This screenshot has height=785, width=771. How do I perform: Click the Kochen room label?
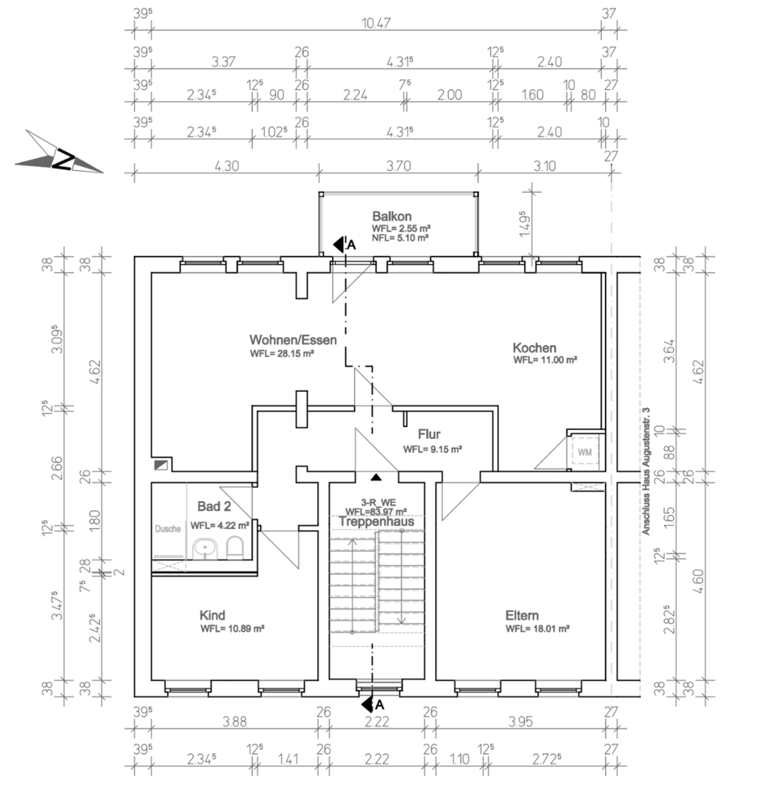pos(535,348)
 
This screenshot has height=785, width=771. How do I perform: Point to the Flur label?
pos(429,435)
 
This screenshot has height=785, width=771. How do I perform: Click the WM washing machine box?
pos(585,451)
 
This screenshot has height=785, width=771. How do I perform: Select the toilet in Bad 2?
pos(235,547)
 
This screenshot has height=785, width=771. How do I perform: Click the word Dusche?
pos(168,528)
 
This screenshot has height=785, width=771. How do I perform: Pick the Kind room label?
pos(212,615)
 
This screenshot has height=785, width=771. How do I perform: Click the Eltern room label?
pos(522,615)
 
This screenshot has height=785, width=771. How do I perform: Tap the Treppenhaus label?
pos(377,521)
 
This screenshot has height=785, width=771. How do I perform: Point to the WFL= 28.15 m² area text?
pos(283,354)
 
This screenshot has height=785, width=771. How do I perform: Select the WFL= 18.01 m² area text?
pos(537,629)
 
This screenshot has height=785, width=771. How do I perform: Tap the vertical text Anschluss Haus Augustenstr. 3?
pos(646,470)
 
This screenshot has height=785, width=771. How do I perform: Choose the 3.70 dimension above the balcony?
pos(397,165)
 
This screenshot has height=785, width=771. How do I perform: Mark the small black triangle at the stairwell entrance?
pos(376,477)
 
